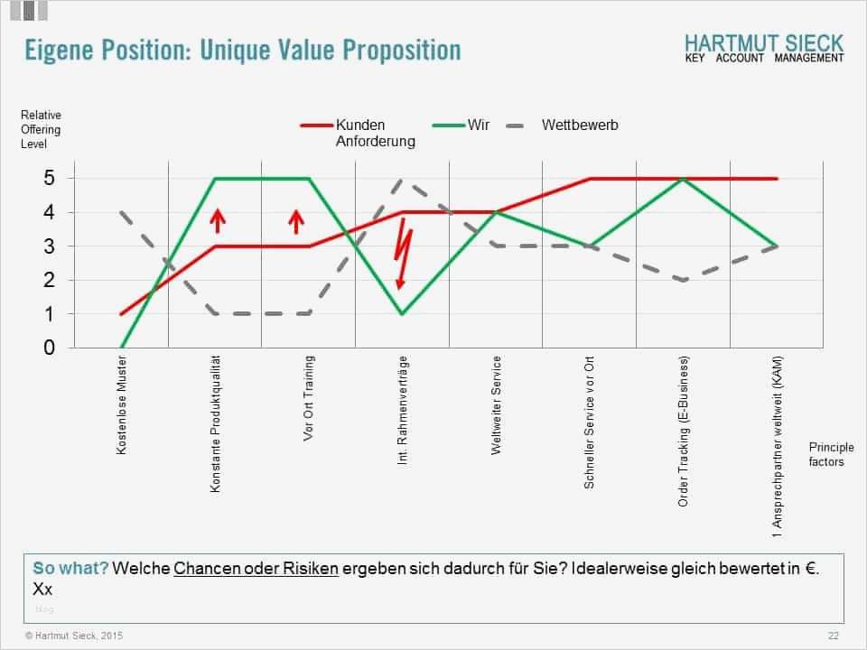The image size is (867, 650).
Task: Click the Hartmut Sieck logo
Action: click(763, 48)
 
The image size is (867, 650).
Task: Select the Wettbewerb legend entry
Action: click(579, 125)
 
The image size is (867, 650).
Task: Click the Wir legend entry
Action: click(478, 125)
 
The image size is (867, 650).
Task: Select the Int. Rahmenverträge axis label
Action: click(403, 410)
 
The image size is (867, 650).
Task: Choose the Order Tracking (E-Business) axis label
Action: click(684, 431)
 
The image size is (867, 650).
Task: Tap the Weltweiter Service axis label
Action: click(497, 405)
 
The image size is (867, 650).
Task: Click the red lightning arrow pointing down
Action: click(405, 257)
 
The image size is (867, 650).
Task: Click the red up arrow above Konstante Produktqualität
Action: click(217, 219)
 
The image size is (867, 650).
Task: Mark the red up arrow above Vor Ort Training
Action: click(296, 219)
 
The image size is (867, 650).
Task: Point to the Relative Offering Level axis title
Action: click(41, 129)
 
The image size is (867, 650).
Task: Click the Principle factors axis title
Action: click(825, 454)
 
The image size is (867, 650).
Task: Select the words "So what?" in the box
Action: click(71, 568)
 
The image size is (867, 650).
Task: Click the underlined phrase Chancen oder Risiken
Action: click(256, 568)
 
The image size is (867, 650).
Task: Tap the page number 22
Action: click(833, 636)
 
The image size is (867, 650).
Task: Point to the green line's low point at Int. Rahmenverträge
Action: click(402, 313)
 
